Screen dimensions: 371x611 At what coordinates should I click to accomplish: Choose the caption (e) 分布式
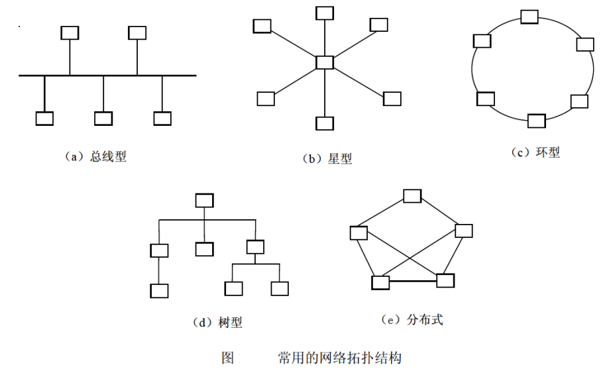click(412, 320)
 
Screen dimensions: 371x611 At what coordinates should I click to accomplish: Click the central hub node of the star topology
click(325, 63)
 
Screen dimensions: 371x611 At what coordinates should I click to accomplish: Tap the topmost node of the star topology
click(325, 13)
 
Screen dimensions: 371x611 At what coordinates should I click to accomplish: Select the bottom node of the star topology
click(325, 123)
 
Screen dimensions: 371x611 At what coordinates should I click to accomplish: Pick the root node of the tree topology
click(204, 201)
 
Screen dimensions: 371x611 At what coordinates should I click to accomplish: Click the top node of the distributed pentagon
click(412, 196)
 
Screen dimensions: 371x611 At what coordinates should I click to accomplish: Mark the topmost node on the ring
click(529, 16)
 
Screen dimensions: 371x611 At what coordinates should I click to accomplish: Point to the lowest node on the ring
click(537, 121)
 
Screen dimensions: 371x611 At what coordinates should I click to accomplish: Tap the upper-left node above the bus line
click(70, 32)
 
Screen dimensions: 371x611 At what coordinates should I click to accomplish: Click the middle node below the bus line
click(103, 118)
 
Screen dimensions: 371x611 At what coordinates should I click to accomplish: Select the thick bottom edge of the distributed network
click(408, 282)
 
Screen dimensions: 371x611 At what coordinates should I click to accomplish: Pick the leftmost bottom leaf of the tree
click(159, 291)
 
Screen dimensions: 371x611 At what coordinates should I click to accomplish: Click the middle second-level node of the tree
click(205, 249)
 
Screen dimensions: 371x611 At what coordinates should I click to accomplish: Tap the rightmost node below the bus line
click(162, 118)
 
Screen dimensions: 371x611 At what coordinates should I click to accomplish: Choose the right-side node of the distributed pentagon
click(464, 231)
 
